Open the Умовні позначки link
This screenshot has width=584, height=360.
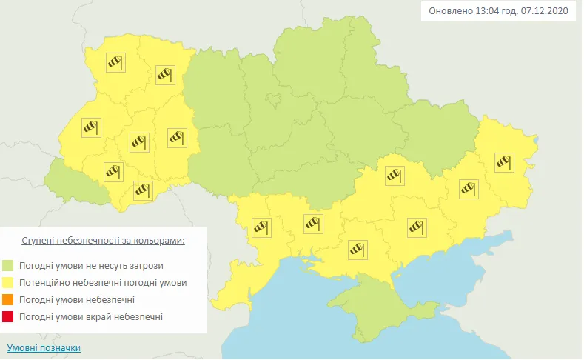click(44, 347)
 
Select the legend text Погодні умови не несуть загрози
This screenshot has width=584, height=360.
click(93, 265)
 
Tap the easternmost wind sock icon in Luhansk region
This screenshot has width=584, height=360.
click(504, 160)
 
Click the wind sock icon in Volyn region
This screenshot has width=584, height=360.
click(115, 61)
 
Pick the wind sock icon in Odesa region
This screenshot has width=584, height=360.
click(261, 227)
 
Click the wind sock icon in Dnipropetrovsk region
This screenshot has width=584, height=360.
click(394, 176)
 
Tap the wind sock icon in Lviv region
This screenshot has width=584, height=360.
click(90, 128)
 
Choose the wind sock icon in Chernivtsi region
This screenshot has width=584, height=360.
click(143, 190)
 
